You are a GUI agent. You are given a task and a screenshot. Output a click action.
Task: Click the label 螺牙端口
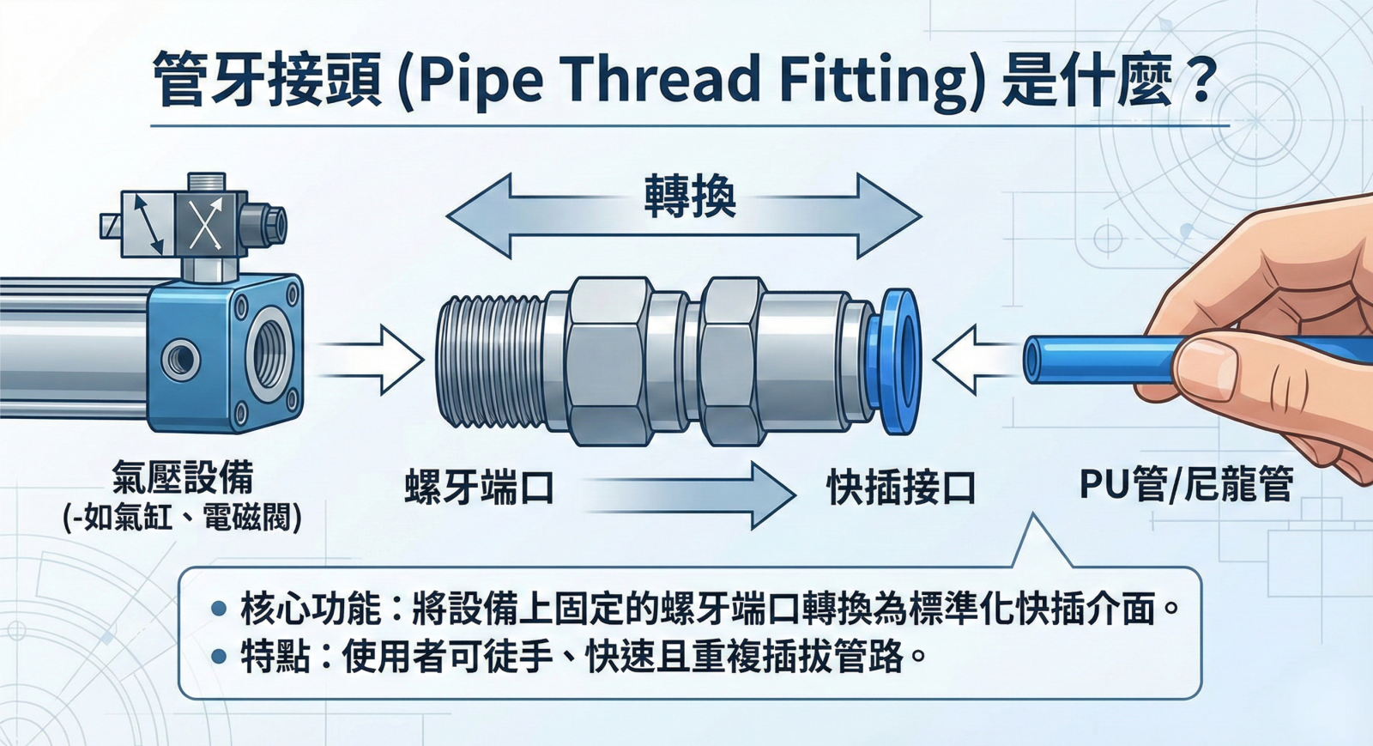(x=480, y=488)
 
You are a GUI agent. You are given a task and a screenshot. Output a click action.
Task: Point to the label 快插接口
(x=901, y=488)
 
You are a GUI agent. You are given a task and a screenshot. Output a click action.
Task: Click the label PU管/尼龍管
(x=1186, y=485)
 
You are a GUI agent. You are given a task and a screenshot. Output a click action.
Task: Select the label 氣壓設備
(x=182, y=477)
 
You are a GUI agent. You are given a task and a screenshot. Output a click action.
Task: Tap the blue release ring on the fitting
(x=897, y=361)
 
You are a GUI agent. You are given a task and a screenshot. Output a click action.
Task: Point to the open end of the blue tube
(x=1034, y=359)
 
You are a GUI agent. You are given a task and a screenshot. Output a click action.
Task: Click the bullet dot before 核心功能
(x=219, y=610)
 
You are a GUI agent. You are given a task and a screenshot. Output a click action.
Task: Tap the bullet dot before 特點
(x=219, y=658)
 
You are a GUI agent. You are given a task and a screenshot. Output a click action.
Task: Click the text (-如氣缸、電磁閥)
(x=182, y=519)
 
